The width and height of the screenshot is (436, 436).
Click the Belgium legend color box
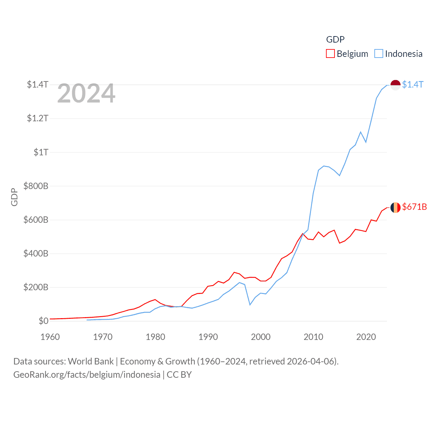330,54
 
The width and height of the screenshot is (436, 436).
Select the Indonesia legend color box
378,54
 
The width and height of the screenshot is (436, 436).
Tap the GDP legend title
335,40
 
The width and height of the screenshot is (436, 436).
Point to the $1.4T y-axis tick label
38,84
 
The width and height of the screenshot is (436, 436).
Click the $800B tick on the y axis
36,186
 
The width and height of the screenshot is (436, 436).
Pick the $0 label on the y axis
43,321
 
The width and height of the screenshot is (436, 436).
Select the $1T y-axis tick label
41,152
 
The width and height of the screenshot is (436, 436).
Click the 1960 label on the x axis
50,337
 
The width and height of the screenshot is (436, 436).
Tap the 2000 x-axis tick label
261,337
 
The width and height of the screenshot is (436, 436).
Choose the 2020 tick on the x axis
366,337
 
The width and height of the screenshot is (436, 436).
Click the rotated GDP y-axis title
14,197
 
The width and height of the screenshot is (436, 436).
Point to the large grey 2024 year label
86,93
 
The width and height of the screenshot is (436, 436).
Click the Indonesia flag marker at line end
395,85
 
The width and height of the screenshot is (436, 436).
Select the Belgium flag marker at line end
395,207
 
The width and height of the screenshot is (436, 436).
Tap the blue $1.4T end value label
412,84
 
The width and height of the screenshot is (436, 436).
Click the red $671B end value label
414,207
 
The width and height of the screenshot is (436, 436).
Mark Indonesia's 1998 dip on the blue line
250,305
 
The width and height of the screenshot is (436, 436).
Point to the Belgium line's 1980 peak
155,300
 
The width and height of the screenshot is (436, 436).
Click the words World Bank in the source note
91,361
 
